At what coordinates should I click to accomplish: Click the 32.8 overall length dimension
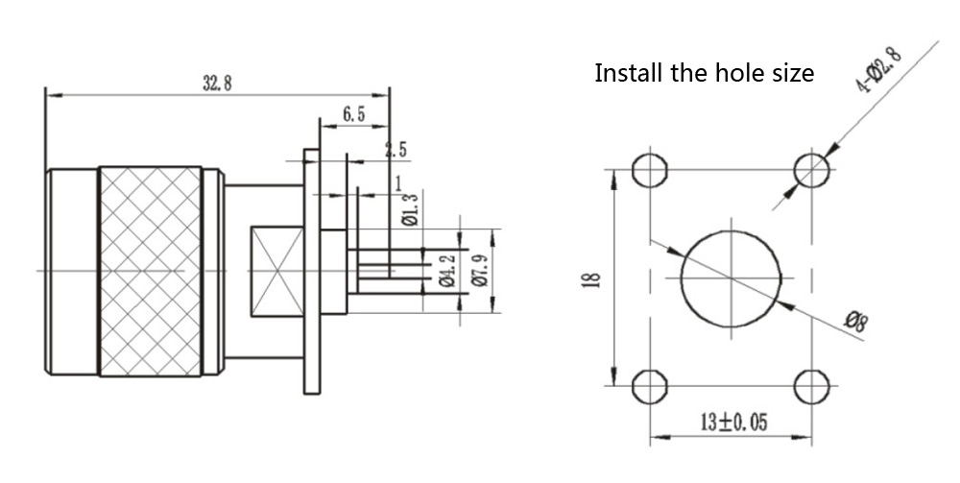[217, 83]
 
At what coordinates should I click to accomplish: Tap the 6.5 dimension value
[353, 114]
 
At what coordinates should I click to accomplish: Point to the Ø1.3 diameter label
[412, 209]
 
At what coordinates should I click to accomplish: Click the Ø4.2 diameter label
[445, 271]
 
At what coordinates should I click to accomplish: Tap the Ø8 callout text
[854, 321]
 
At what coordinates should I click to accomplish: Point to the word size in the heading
[791, 73]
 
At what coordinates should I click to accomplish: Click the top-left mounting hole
[650, 170]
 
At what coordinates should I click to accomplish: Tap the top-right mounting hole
[811, 170]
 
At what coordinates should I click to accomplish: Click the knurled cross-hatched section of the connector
[150, 271]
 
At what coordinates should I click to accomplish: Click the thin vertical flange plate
[312, 271]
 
